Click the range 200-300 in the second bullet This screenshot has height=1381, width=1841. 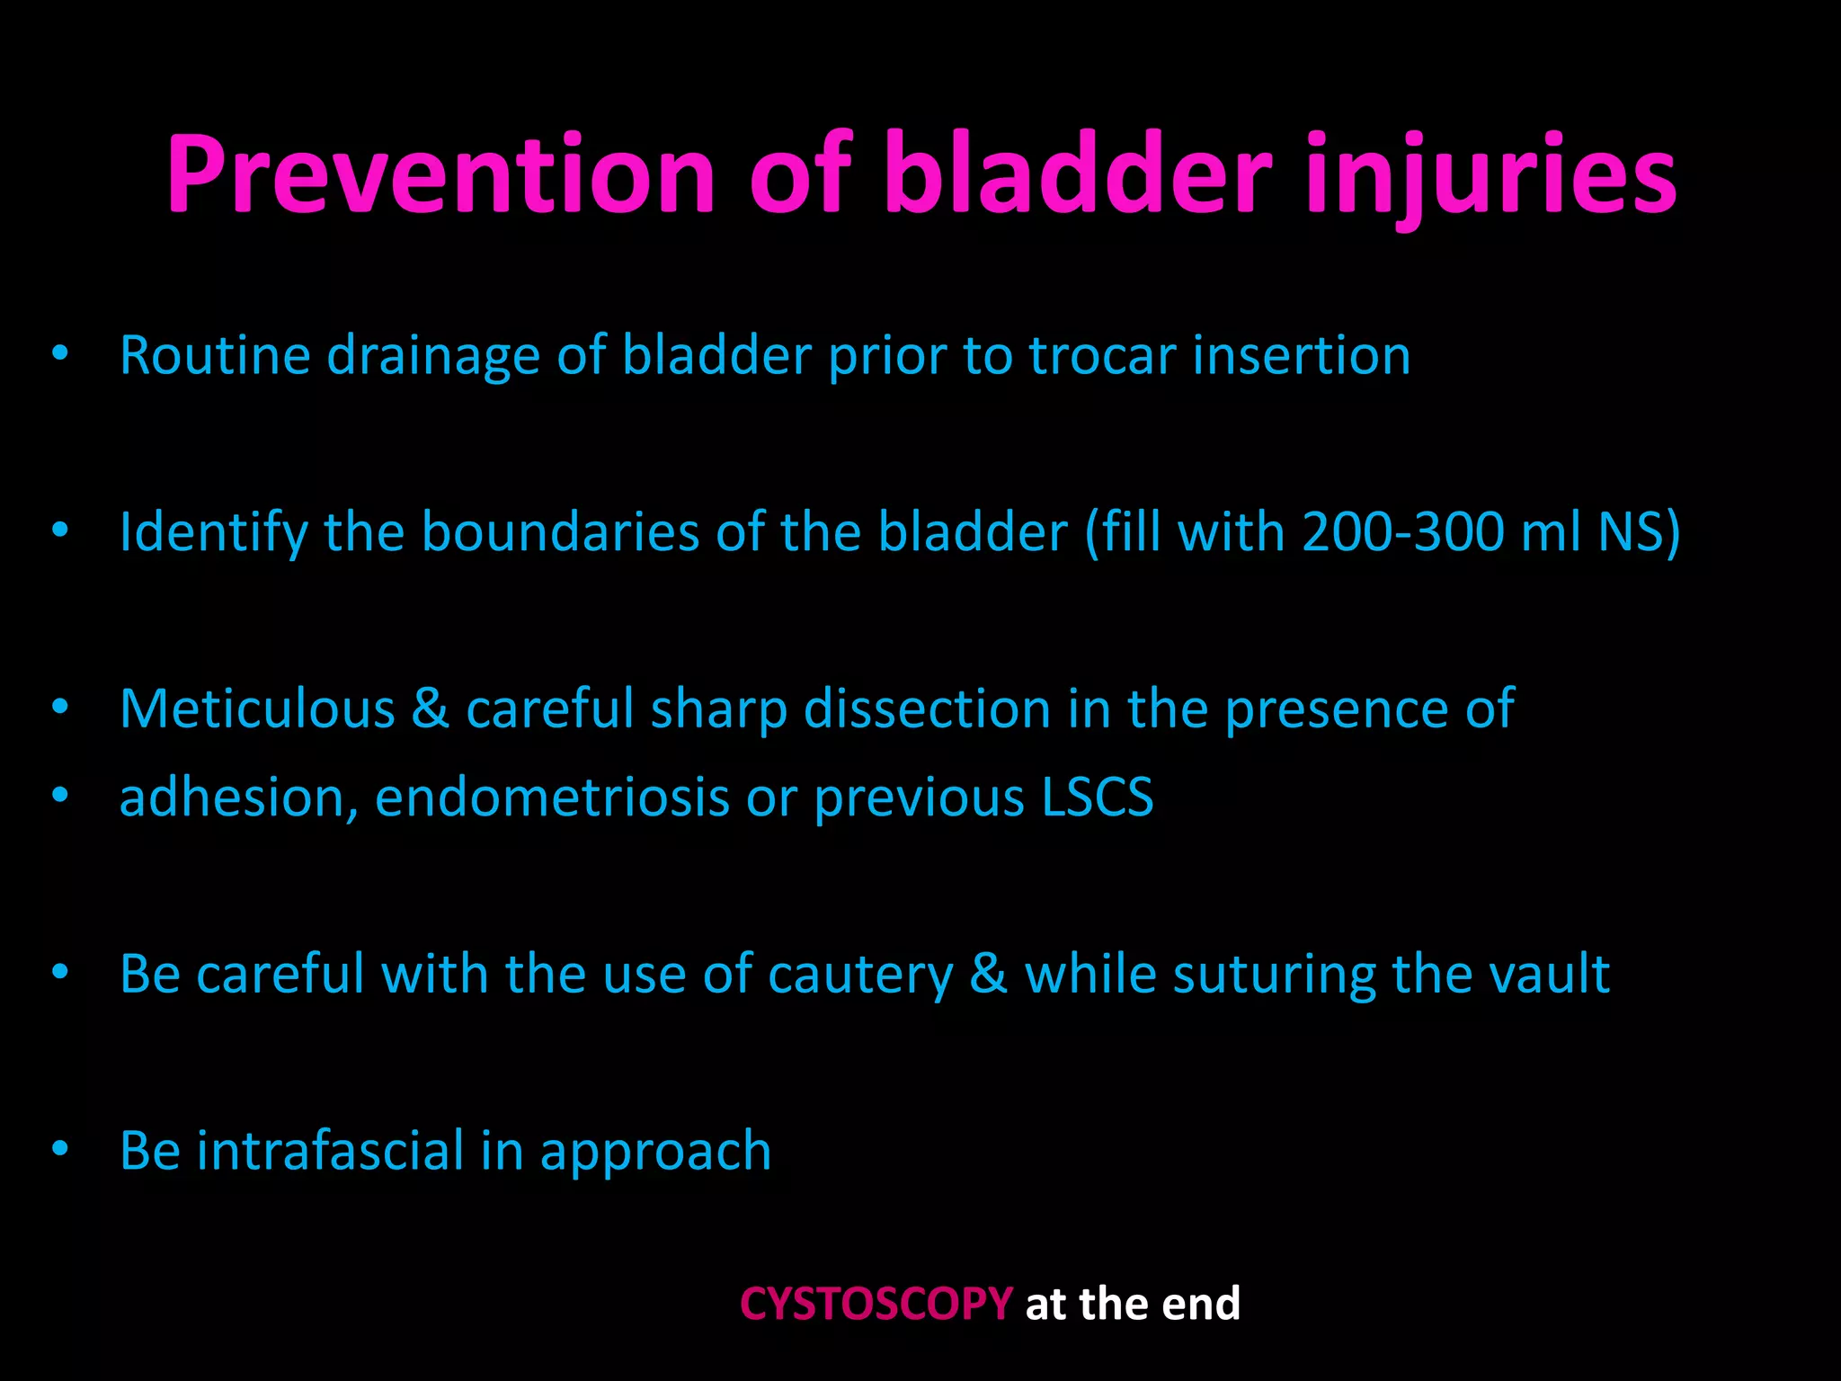(x=1402, y=531)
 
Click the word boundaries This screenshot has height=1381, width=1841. (x=560, y=531)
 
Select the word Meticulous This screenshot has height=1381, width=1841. (x=257, y=708)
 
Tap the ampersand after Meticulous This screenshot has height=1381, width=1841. (x=431, y=708)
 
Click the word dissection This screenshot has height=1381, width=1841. (x=926, y=708)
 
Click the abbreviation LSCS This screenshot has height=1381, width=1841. (x=1097, y=797)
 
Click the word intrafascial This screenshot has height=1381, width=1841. (x=329, y=1152)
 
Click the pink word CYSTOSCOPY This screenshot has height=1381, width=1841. (x=876, y=1304)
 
